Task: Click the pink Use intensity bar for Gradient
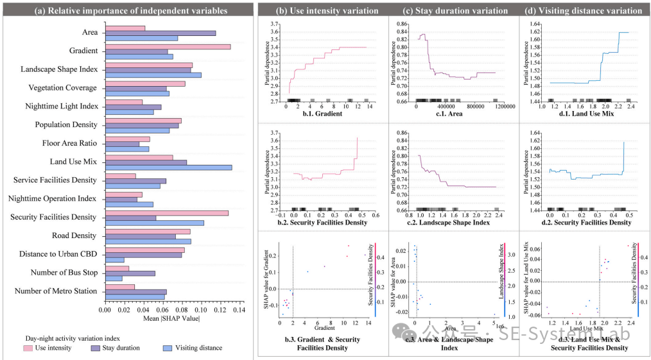pyautogui.click(x=168, y=46)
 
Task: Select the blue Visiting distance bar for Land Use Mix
pyautogui.click(x=168, y=167)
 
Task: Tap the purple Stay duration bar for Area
pyautogui.click(x=161, y=33)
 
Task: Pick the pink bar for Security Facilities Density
pyautogui.click(x=167, y=213)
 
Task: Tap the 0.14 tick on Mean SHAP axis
pyautogui.click(x=238, y=310)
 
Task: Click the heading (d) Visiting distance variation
pyautogui.click(x=582, y=11)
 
